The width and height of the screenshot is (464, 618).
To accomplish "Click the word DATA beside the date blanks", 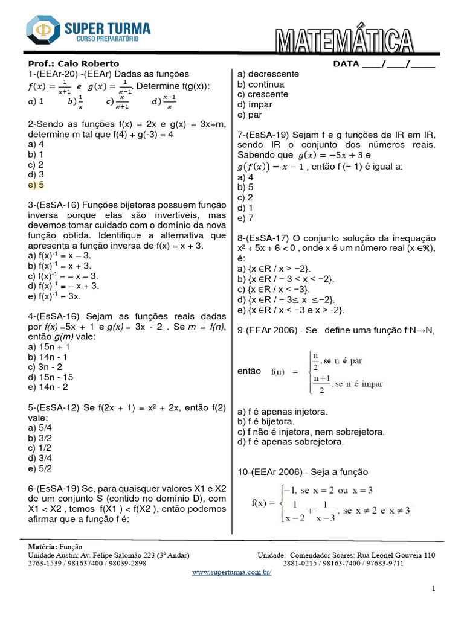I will click(x=346, y=64).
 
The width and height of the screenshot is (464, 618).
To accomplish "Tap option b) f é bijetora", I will click(x=266, y=421).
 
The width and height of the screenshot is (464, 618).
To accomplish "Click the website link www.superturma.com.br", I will click(x=232, y=572).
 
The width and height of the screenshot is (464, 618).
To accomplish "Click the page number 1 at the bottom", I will click(x=434, y=588).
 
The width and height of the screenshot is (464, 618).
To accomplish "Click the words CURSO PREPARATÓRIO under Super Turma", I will click(x=107, y=39).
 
